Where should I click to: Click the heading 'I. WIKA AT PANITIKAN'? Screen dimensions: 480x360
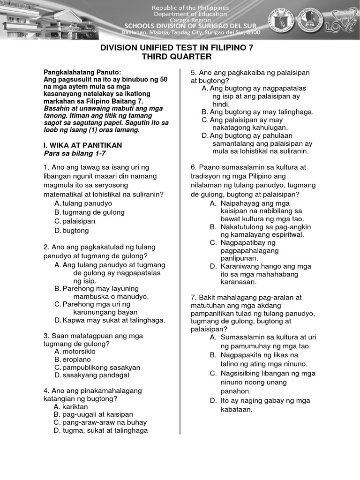[x=82, y=145]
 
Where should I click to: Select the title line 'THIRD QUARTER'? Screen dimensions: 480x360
[x=180, y=57]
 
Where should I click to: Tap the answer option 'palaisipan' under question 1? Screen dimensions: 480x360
[x=79, y=221]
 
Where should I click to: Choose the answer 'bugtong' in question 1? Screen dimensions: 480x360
[x=75, y=231]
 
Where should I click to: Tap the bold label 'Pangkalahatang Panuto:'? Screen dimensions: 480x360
[x=82, y=72]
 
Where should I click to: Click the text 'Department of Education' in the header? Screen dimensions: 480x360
[x=190, y=14]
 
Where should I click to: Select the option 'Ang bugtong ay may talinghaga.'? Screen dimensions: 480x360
[x=261, y=112]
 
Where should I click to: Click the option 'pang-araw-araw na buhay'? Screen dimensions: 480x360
[x=103, y=422]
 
